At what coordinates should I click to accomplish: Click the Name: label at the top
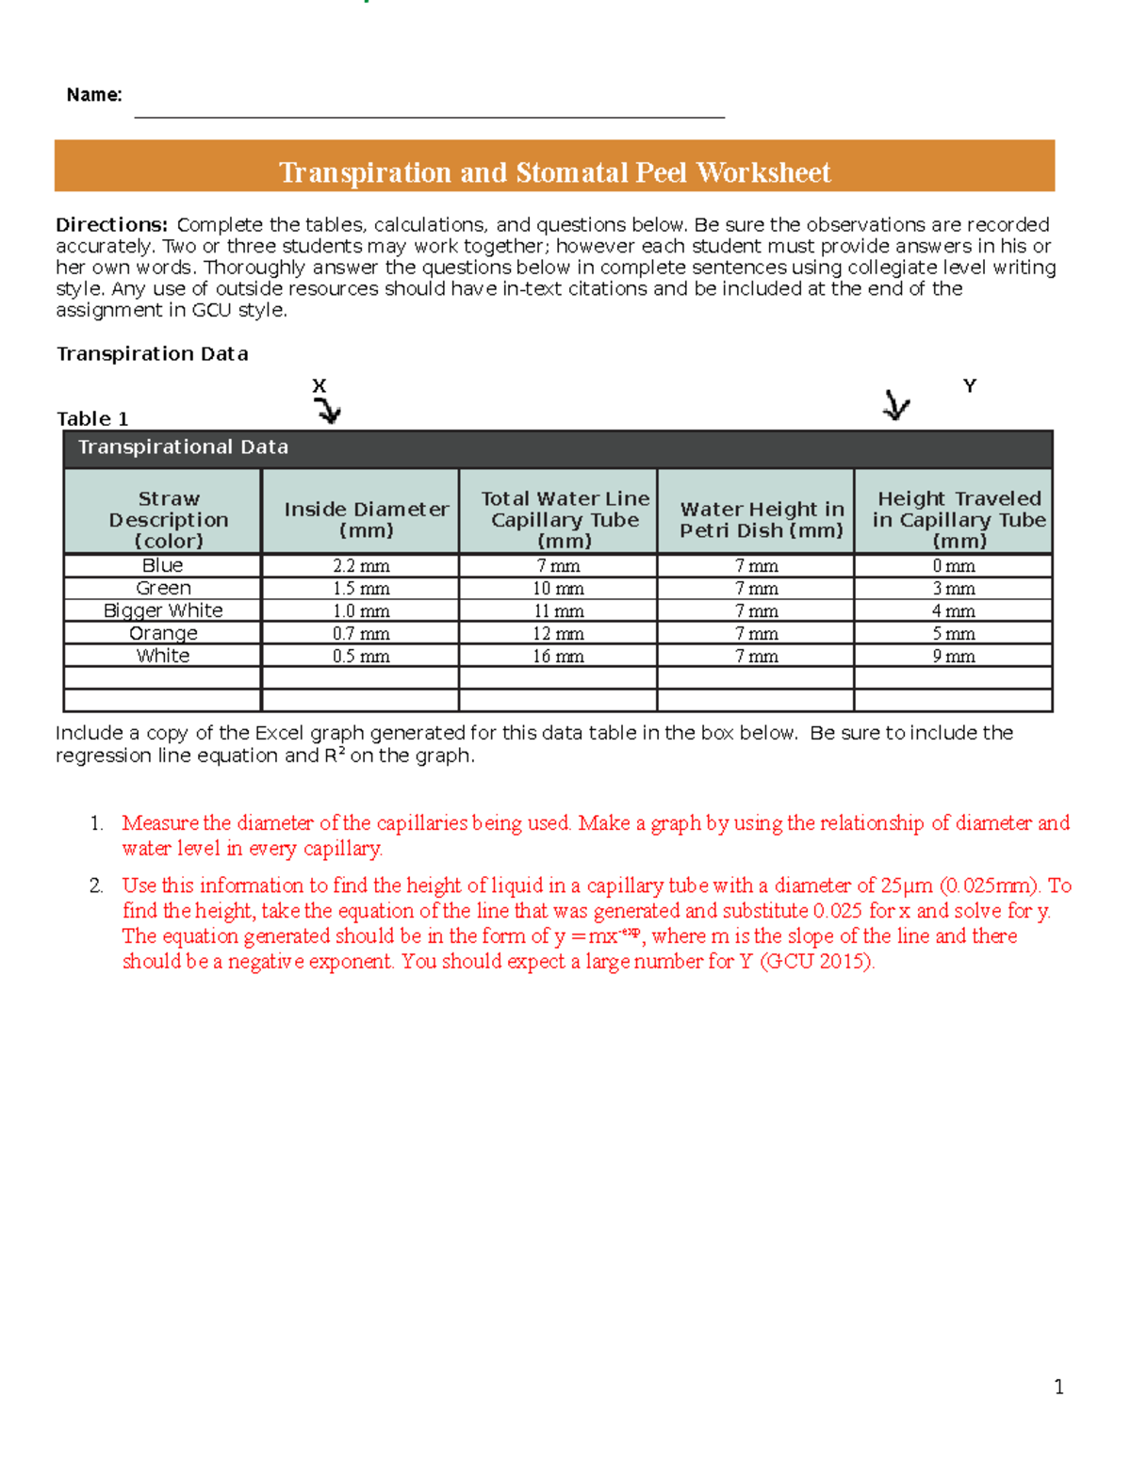pos(94,95)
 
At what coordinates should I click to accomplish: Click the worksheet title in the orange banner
pos(554,172)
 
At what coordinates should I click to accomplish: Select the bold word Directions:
pos(111,225)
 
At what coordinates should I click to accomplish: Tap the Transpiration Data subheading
pos(152,354)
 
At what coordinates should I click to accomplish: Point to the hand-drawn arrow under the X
pos(328,410)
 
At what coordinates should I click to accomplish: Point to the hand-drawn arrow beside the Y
pos(895,406)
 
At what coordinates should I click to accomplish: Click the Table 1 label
pos(92,419)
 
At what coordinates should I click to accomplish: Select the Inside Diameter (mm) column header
pos(366,519)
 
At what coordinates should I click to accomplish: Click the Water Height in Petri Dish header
pos(762,519)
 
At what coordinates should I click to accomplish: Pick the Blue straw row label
pos(162,565)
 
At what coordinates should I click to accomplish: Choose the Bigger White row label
pos(162,610)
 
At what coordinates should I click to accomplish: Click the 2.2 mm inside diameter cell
pos(361,566)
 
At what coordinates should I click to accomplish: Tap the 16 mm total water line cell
pos(558,657)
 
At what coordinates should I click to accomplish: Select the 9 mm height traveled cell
pos(954,657)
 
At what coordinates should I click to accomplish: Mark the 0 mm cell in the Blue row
pos(954,566)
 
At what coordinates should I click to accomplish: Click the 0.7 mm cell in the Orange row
pos(361,634)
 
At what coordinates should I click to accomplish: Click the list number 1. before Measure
pos(96,823)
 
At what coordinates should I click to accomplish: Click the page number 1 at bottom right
pos(1058,1387)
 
